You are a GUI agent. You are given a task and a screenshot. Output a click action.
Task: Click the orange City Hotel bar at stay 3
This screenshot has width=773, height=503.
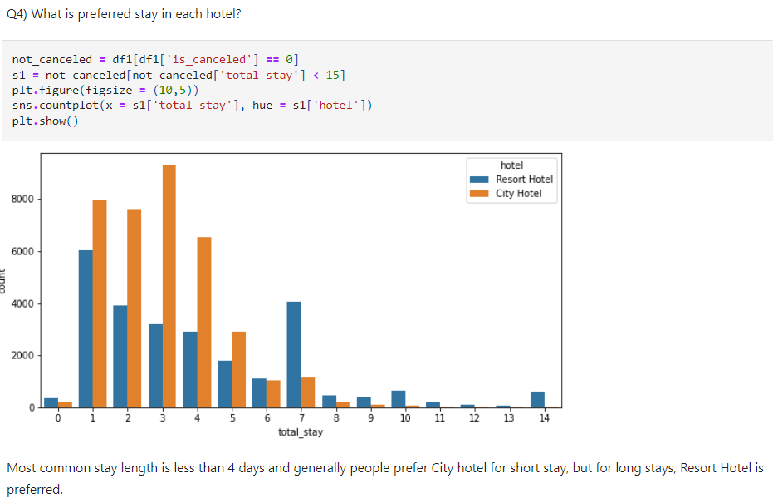click(x=169, y=286)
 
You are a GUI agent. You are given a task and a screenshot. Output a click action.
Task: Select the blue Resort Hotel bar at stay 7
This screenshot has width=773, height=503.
click(x=293, y=354)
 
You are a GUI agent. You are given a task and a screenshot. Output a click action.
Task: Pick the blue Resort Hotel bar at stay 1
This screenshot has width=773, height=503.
click(x=86, y=328)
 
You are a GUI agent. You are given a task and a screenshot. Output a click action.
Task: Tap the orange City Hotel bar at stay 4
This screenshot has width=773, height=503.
click(x=203, y=322)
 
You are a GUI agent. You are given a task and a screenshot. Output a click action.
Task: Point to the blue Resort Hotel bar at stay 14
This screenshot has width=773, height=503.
click(x=537, y=399)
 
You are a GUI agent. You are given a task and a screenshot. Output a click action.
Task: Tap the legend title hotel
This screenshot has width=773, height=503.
click(x=512, y=165)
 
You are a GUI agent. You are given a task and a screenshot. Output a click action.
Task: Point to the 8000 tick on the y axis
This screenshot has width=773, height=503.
click(x=23, y=200)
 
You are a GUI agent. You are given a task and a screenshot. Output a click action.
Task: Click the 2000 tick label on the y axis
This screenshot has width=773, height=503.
click(x=23, y=356)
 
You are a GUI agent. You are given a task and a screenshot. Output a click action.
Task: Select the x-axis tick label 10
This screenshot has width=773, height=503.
click(x=404, y=418)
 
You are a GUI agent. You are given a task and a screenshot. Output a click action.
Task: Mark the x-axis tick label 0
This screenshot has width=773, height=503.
click(x=58, y=418)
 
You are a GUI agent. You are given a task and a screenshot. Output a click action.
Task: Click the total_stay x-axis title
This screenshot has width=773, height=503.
click(x=301, y=432)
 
